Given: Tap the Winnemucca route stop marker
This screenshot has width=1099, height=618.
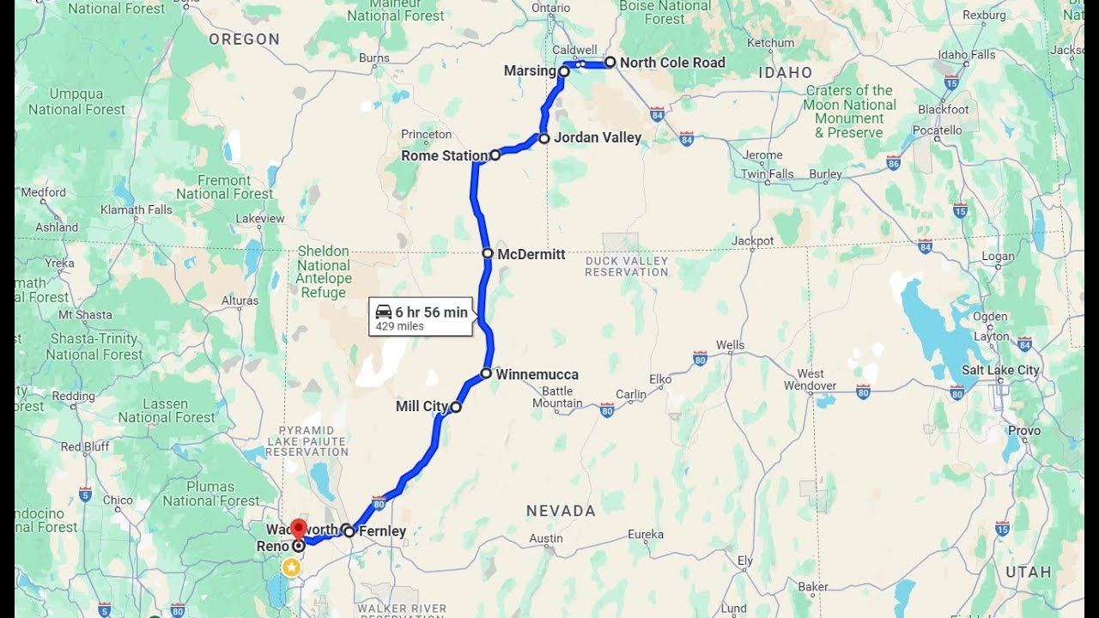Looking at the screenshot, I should (x=486, y=373).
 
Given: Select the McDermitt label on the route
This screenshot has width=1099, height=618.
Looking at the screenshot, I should (x=531, y=254).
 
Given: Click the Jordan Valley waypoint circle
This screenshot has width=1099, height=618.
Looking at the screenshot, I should (x=544, y=138).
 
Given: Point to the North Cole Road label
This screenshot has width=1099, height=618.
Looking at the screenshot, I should (x=672, y=63).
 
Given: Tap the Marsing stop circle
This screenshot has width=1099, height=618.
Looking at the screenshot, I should (x=564, y=72).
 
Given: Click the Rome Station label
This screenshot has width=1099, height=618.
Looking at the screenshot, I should (x=444, y=156).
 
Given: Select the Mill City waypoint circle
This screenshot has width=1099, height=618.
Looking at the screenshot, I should (x=456, y=407).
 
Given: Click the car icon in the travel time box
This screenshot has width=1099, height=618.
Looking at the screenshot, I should (x=384, y=312).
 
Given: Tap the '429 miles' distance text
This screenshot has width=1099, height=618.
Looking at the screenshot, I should (x=399, y=326).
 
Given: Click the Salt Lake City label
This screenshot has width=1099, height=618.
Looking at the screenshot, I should (x=1000, y=370).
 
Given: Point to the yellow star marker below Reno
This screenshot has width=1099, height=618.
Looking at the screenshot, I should (x=292, y=567).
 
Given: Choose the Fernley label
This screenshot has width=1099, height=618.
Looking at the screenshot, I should (x=382, y=531).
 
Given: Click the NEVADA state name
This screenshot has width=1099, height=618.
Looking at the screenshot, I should (x=561, y=511).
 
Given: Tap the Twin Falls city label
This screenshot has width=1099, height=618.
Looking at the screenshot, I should (x=768, y=174).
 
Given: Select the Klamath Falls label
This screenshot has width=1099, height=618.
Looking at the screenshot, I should (x=137, y=209).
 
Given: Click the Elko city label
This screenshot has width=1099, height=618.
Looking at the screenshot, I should (x=660, y=379).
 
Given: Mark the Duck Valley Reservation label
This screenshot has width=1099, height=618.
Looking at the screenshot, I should (x=627, y=266).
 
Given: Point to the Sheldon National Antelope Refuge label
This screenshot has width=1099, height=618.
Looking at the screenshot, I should (x=324, y=271).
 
